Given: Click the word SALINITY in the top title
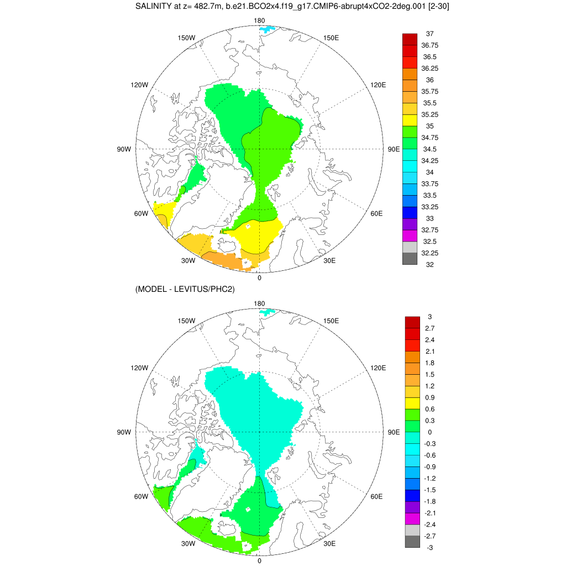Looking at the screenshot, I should point(155,7).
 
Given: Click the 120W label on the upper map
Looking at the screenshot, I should point(139,85).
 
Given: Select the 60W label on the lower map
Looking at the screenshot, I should point(141,496).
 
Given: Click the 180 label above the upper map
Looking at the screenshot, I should point(259,20).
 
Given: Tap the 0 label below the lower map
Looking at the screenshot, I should point(259,560).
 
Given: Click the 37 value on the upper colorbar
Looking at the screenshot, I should point(429,34).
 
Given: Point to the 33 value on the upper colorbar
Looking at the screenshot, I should point(429,218).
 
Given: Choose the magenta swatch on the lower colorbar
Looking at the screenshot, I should point(412,518).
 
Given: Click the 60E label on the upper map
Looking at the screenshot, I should point(376,213).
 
